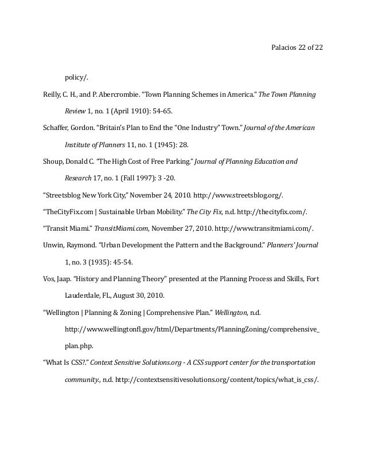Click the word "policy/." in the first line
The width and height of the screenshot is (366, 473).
point(77,77)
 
